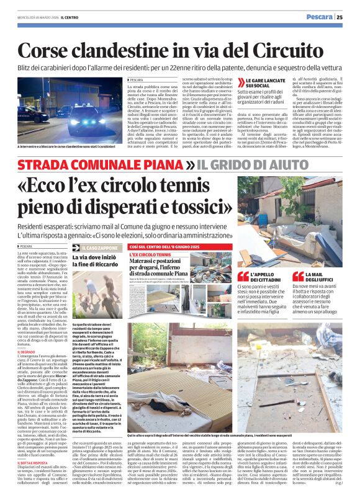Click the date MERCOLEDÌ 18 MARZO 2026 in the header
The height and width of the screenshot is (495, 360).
click(34, 17)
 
